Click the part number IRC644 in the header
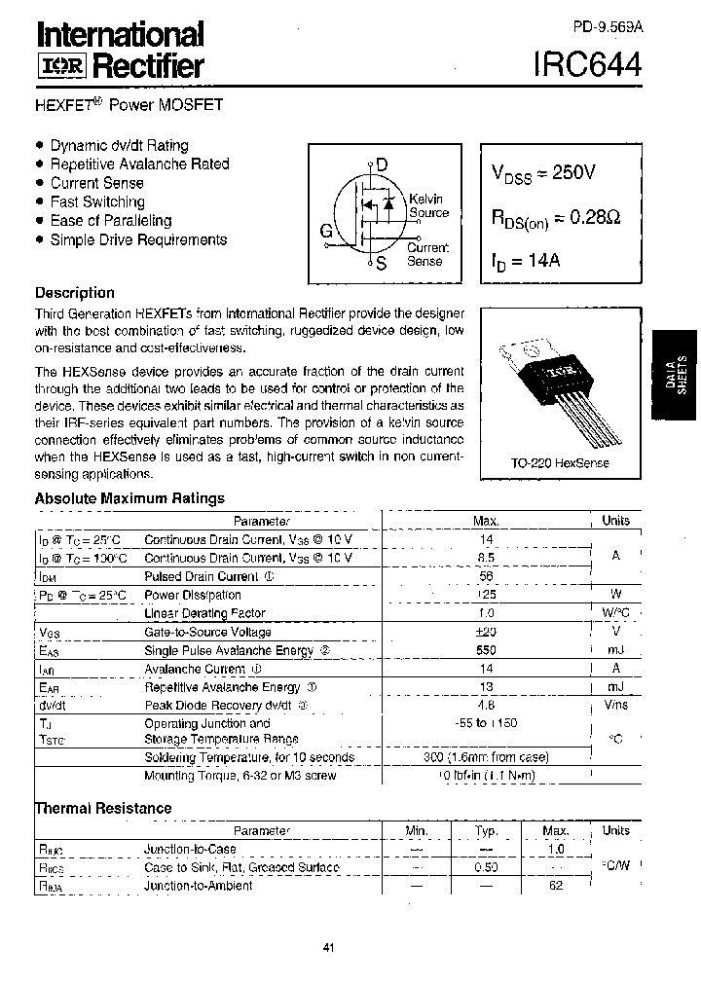587,65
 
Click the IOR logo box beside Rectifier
61,66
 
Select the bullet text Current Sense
96,183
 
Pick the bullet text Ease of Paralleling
110,221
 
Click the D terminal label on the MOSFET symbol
382,164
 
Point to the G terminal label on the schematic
326,232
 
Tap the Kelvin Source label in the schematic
427,205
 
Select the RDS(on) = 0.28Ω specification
554,218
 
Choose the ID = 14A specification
526,261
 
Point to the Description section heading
74,293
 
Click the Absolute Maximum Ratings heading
129,498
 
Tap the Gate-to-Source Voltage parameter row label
207,632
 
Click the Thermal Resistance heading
103,808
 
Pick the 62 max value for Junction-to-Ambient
556,886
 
